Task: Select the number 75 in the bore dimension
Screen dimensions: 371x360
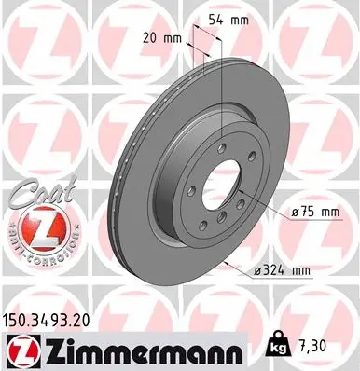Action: click(306, 213)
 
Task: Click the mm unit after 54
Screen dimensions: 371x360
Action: click(241, 19)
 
